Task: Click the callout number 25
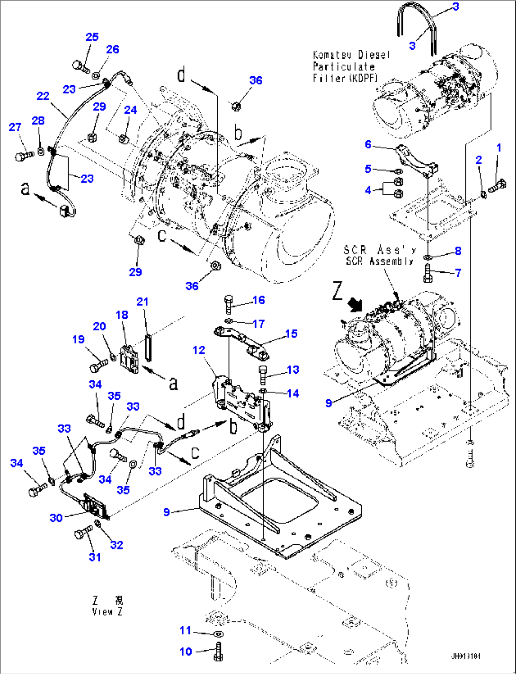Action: tap(92, 36)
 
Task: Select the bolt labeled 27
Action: tap(22, 155)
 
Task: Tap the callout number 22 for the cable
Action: tap(43, 96)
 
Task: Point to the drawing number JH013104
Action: tap(465, 656)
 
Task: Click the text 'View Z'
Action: tap(107, 611)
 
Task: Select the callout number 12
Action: tap(199, 350)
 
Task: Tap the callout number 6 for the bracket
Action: tap(368, 144)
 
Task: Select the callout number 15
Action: tap(291, 333)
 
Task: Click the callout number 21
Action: tap(142, 302)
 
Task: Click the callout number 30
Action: tap(56, 518)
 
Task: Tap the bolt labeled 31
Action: tap(82, 534)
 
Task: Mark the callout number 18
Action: tap(122, 315)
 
